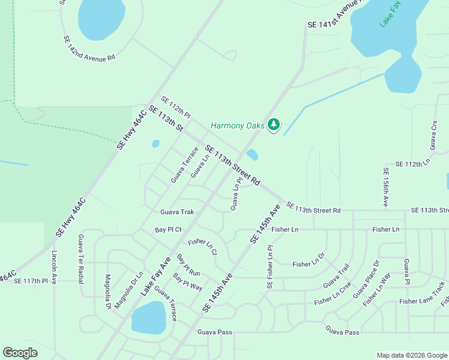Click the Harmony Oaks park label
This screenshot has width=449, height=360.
[x=237, y=126]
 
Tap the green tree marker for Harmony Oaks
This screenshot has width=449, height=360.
[x=274, y=125]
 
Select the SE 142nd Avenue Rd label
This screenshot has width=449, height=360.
[x=89, y=49]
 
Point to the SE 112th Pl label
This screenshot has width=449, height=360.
[x=175, y=107]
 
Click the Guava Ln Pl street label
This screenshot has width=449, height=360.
[x=236, y=193]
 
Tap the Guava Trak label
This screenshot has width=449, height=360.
[x=177, y=212]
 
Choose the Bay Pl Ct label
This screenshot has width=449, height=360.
[x=167, y=230]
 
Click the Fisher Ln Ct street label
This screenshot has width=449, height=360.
[x=202, y=247]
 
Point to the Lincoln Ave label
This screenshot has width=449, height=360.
[x=54, y=267]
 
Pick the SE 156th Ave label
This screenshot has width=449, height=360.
[x=385, y=187]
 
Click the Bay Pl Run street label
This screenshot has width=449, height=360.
[x=188, y=265]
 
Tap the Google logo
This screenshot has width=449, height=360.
[x=20, y=353]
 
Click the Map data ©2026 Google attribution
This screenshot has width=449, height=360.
[x=411, y=355]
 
